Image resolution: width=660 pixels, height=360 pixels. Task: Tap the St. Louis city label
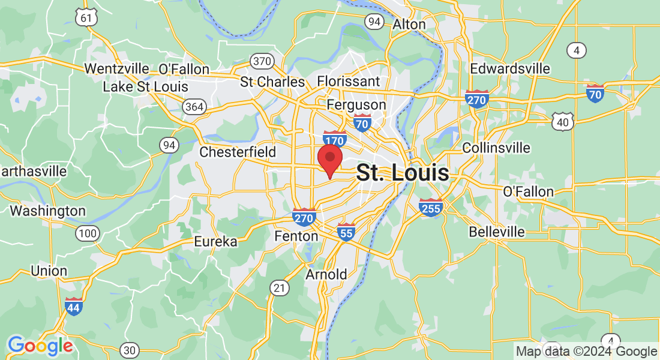[x=402, y=173]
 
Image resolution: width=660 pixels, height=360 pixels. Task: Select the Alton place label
[x=409, y=25]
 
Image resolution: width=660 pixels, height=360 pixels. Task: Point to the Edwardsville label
[x=509, y=68]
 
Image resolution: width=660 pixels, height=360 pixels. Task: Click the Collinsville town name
[x=496, y=148]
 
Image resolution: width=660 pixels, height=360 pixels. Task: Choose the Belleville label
[x=496, y=232]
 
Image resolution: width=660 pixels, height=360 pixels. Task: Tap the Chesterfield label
[x=238, y=152]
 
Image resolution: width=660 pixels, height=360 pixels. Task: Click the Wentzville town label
[x=116, y=68]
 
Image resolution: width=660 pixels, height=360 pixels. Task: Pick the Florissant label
[x=348, y=81]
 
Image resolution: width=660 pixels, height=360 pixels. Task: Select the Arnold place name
[x=326, y=274]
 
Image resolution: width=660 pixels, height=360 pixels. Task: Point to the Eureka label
[x=215, y=242]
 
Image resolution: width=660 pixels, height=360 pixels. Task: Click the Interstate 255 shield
[x=431, y=208]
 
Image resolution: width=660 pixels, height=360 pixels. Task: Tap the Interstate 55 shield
[x=346, y=232]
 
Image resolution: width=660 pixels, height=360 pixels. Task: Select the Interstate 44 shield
[x=74, y=306]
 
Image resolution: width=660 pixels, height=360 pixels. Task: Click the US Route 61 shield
[x=86, y=17]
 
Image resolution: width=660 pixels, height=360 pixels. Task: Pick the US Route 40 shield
[x=563, y=122]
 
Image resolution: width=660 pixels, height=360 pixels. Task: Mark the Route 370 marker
[x=262, y=61]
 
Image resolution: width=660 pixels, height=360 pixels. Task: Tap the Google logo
[x=40, y=346]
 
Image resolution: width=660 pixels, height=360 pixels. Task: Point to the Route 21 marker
[x=279, y=288]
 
